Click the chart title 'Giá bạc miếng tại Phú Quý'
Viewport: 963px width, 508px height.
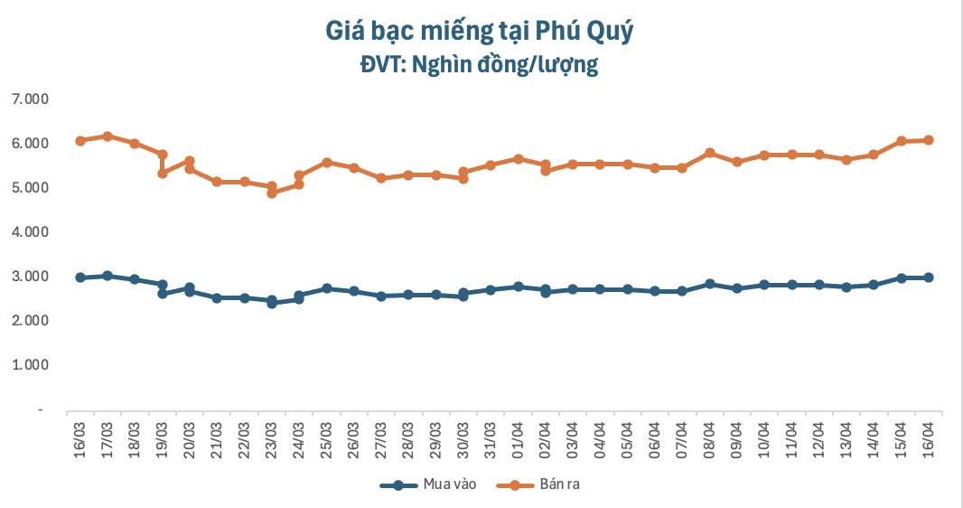(x=480, y=31)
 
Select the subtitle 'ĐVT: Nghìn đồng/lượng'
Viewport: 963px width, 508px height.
(x=480, y=65)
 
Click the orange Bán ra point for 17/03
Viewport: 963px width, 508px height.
(x=108, y=136)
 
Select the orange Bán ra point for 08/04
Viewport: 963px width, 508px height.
(x=710, y=153)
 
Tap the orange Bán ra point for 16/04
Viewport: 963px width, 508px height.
(x=929, y=140)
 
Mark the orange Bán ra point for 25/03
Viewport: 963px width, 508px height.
(x=326, y=163)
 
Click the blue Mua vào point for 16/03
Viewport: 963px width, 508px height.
(x=79, y=278)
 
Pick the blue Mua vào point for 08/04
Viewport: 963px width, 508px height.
(x=710, y=284)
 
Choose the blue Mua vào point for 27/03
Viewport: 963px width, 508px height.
(x=381, y=296)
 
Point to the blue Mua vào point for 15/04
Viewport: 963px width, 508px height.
(x=901, y=278)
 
